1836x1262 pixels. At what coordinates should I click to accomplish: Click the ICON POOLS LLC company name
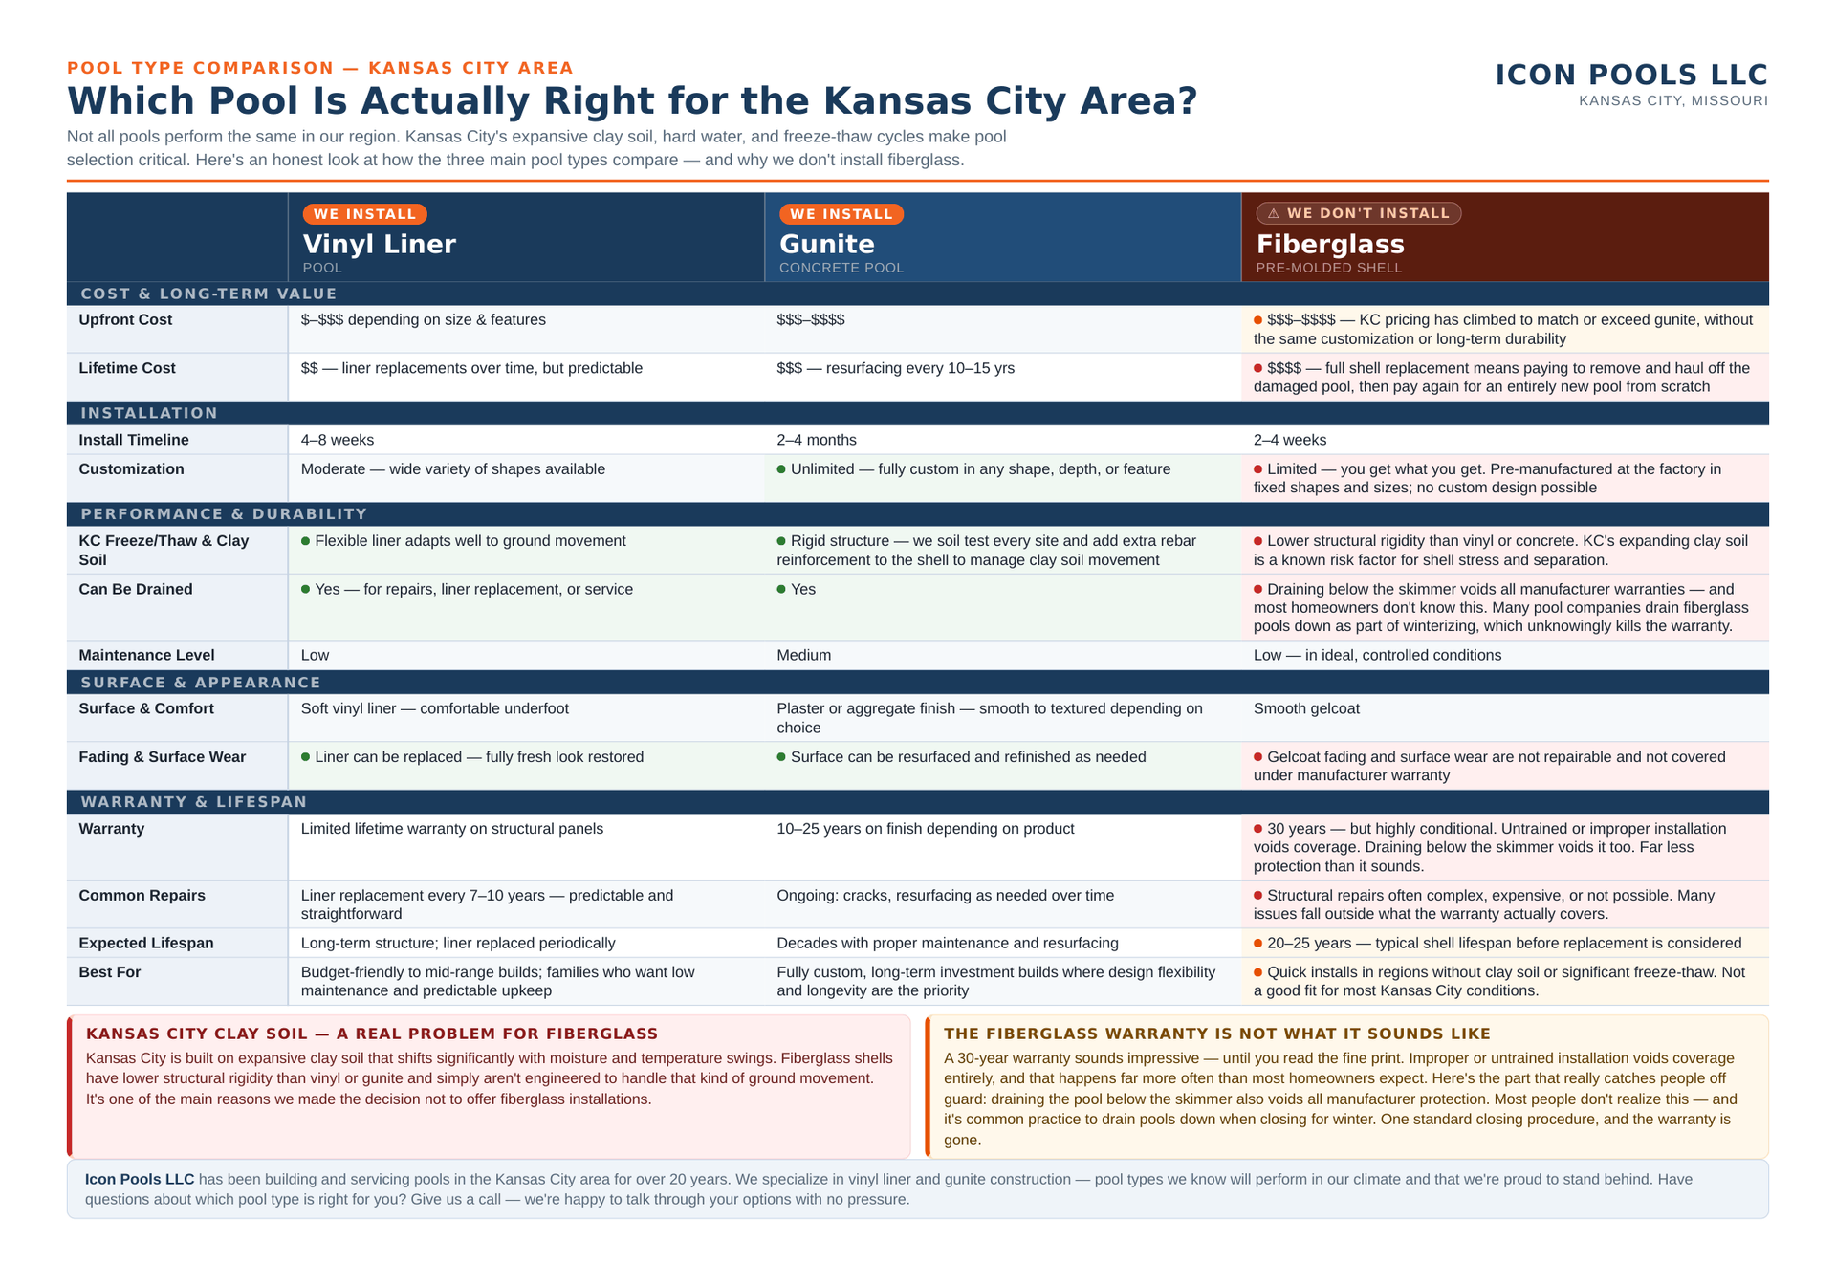pyautogui.click(x=1631, y=75)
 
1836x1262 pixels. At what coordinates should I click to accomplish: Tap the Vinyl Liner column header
pyautogui.click(x=380, y=245)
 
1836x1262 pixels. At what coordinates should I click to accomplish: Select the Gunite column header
pyautogui.click(x=827, y=245)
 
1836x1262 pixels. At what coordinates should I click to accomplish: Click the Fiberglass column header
pyautogui.click(x=1330, y=245)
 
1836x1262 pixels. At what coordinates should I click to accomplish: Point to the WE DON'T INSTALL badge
pyautogui.click(x=1359, y=213)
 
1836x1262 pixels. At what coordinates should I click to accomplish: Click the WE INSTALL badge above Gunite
pyautogui.click(x=841, y=214)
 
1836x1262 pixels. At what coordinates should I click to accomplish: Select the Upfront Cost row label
pyautogui.click(x=125, y=320)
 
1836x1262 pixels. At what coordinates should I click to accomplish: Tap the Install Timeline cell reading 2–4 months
pyautogui.click(x=817, y=440)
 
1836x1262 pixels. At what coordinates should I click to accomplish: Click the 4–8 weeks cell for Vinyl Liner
pyautogui.click(x=338, y=440)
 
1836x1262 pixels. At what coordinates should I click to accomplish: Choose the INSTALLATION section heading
pyautogui.click(x=149, y=413)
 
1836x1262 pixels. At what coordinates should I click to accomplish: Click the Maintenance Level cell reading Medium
pyautogui.click(x=803, y=655)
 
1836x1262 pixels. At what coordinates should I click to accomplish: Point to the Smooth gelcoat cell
pyautogui.click(x=1306, y=708)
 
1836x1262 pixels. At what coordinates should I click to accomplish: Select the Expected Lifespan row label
pyautogui.click(x=146, y=944)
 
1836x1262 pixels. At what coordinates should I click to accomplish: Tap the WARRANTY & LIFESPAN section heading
pyautogui.click(x=194, y=802)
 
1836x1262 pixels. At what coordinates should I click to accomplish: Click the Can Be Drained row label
pyautogui.click(x=136, y=589)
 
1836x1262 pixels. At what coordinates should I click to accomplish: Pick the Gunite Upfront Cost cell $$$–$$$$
pyautogui.click(x=811, y=320)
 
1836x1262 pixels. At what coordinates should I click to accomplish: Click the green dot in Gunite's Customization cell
pyautogui.click(x=781, y=469)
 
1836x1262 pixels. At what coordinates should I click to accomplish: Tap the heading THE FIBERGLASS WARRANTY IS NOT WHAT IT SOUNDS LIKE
pyautogui.click(x=1217, y=1034)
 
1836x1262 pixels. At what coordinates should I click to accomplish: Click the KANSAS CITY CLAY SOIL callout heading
pyautogui.click(x=372, y=1034)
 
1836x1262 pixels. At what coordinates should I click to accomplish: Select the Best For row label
pyautogui.click(x=110, y=972)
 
